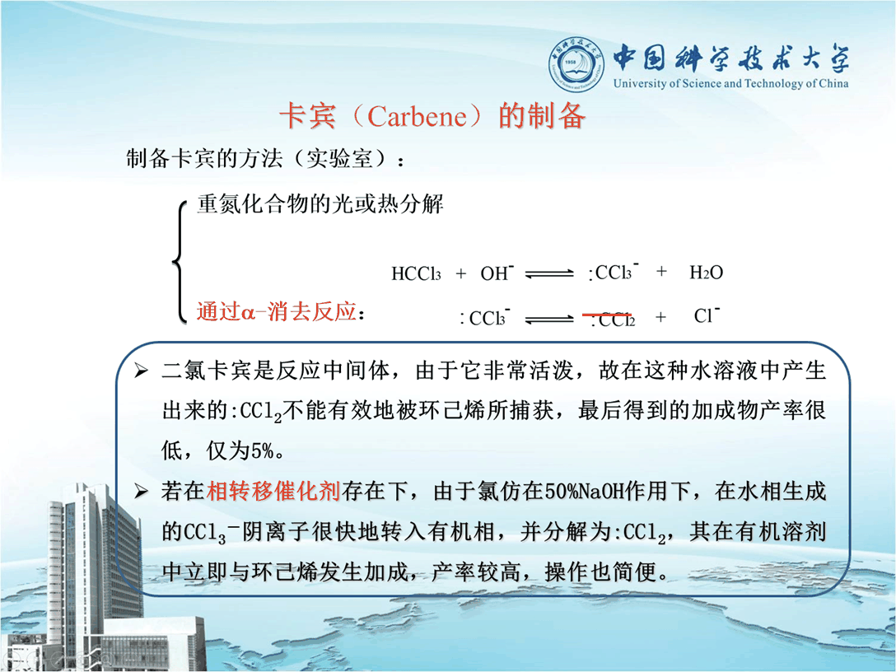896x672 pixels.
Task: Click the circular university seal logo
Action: [x=576, y=64]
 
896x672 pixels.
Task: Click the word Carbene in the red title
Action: [x=418, y=117]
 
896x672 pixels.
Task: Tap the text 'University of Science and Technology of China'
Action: [x=730, y=83]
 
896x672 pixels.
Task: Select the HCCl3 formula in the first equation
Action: [x=416, y=273]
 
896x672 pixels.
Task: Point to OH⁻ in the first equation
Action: [x=497, y=273]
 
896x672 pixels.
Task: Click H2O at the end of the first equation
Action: [x=707, y=273]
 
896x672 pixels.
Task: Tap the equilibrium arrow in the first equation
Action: [x=549, y=274]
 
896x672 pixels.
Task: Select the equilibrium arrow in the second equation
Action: [x=549, y=318]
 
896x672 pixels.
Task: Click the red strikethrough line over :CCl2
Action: [x=607, y=315]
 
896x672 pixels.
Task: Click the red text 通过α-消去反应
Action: [x=277, y=312]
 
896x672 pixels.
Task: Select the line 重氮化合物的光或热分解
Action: [x=320, y=204]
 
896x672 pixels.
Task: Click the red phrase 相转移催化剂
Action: [x=273, y=491]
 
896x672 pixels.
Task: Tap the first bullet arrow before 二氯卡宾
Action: [x=141, y=371]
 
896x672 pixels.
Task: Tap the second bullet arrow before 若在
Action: [x=141, y=491]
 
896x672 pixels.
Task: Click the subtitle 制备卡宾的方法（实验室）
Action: [x=257, y=158]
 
